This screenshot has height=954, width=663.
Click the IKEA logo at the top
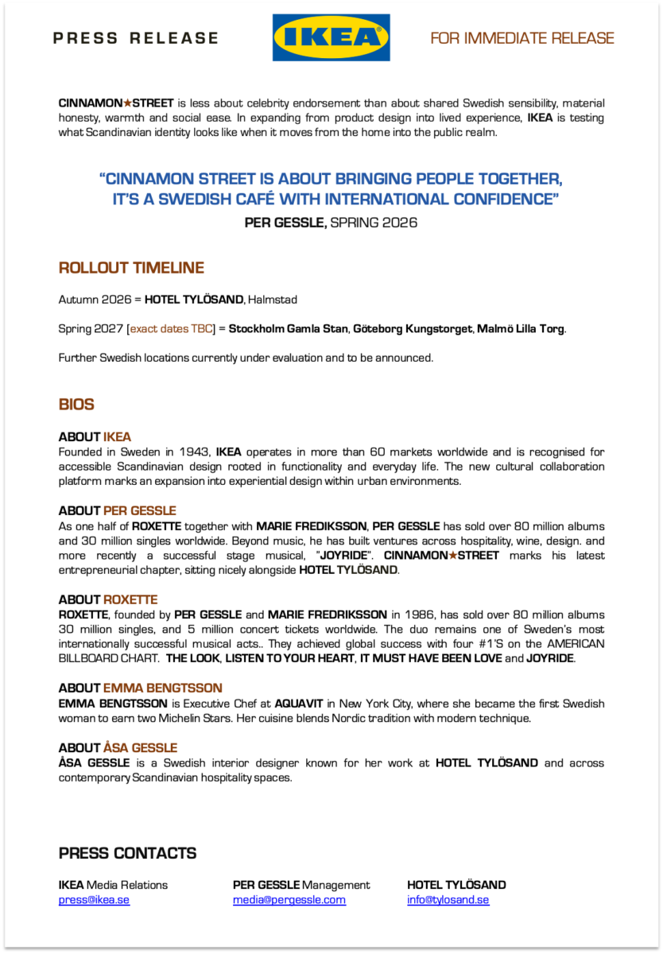point(331,37)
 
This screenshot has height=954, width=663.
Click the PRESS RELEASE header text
point(135,38)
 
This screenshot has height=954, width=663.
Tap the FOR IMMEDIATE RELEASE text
point(522,38)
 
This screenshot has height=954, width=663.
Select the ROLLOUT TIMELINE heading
point(131,268)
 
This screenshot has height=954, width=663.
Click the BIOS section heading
point(76,405)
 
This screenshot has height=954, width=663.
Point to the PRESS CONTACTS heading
point(127,854)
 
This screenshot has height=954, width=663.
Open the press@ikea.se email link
point(94,900)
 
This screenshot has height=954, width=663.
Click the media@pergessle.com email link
point(289,900)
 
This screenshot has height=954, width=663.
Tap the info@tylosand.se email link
point(448,900)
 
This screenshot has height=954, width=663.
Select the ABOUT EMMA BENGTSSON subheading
point(140,688)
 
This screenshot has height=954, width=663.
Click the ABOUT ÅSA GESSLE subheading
point(118,748)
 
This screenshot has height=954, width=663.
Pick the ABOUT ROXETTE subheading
point(108,599)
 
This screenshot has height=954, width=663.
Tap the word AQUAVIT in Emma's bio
point(300,704)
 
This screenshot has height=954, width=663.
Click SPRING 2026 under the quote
point(374,223)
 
